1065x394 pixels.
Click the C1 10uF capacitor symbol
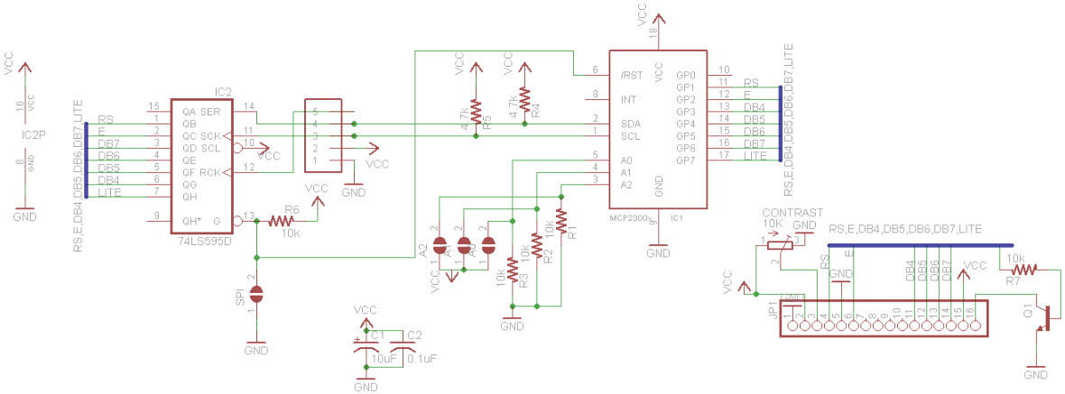[x=365, y=347]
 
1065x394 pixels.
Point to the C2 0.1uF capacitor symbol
[x=395, y=347]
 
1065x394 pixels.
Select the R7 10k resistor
[x=1024, y=268]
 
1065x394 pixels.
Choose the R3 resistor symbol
[x=513, y=269]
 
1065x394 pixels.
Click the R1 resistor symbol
[x=560, y=219]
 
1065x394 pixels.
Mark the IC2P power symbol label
[x=32, y=135]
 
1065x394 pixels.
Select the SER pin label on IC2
[x=209, y=111]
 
